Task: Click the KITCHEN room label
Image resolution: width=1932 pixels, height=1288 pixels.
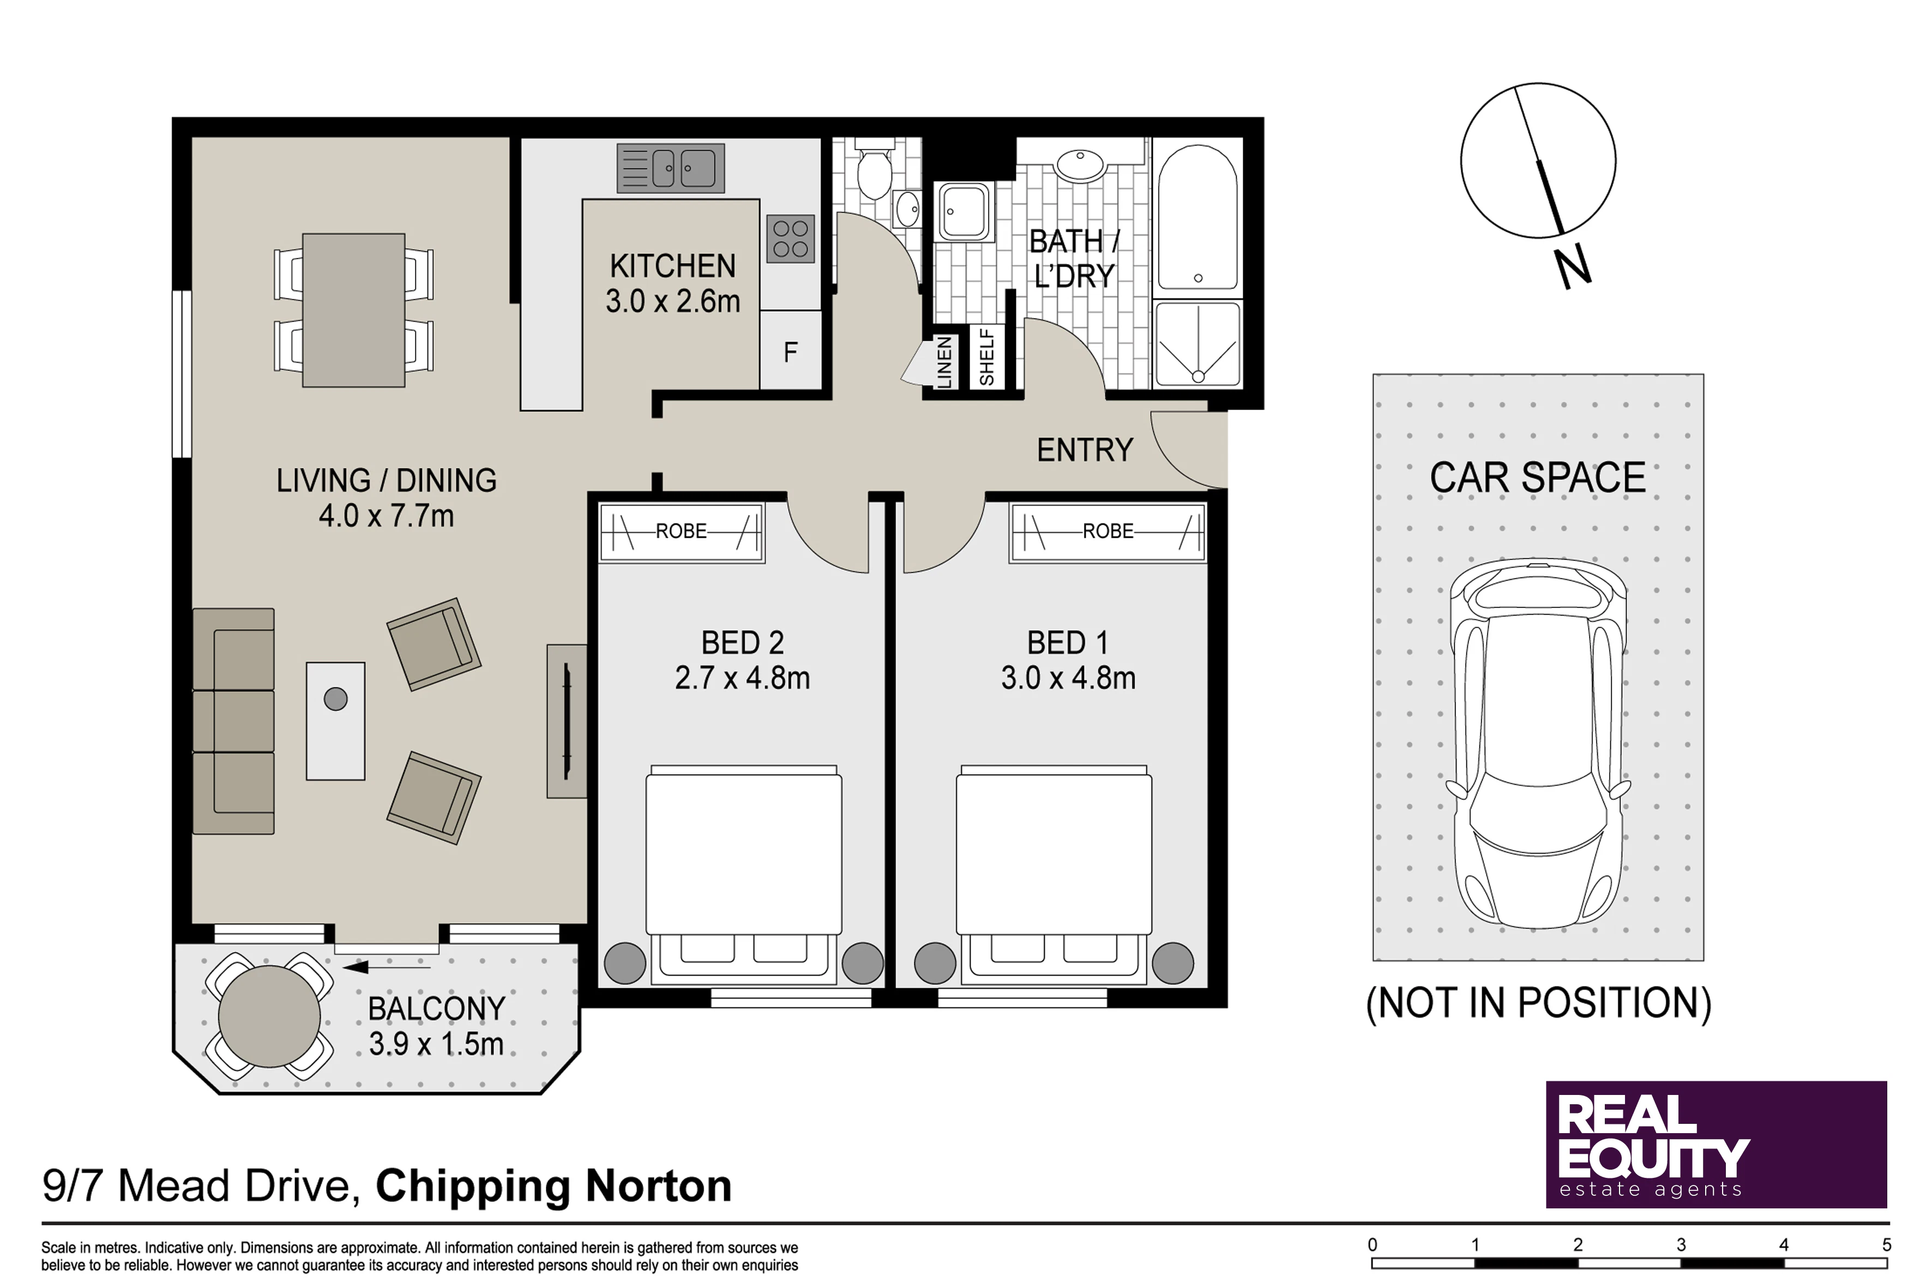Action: (673, 266)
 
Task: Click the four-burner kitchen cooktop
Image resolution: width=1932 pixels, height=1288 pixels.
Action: (790, 239)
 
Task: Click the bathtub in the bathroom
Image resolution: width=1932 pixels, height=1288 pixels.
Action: (1197, 217)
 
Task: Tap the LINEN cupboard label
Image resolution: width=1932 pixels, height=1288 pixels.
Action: (944, 362)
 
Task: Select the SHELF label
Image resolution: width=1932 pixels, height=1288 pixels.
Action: (986, 357)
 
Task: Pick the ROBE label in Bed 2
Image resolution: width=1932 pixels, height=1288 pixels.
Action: (681, 532)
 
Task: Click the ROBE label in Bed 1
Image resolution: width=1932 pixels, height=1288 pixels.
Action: (1108, 532)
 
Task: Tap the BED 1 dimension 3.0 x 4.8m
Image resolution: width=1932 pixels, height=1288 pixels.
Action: (1068, 678)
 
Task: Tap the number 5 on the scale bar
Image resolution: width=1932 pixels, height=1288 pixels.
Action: (1887, 1244)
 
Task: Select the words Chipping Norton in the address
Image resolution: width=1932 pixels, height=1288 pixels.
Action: (553, 1186)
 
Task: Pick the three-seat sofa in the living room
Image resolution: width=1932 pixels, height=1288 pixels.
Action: (233, 721)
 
